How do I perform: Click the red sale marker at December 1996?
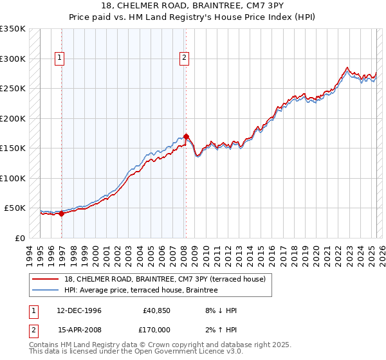(62, 214)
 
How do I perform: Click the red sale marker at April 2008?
(186, 136)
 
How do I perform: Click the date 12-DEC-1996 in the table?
(79, 310)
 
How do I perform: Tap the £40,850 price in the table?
(156, 310)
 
